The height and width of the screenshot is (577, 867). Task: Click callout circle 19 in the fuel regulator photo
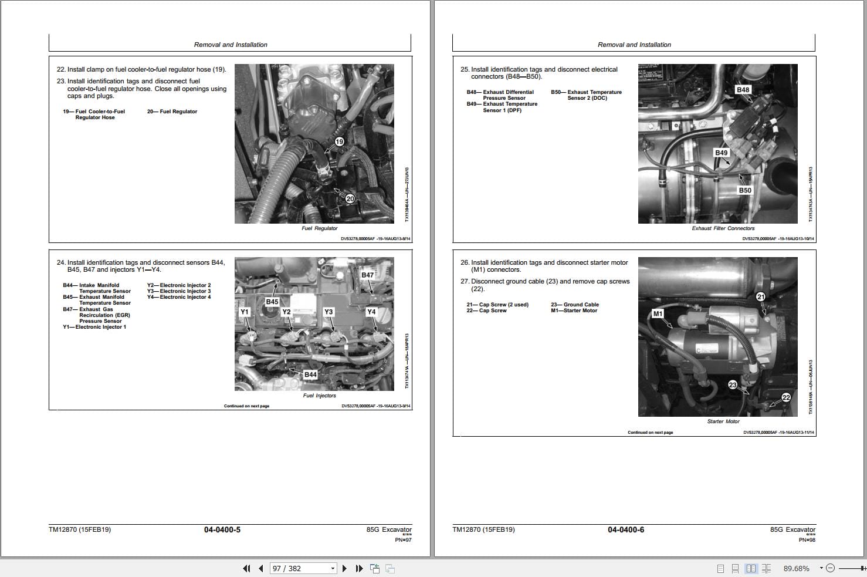click(x=339, y=141)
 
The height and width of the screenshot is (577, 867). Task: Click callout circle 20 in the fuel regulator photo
click(x=350, y=198)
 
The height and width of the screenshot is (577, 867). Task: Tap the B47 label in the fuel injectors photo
click(x=367, y=275)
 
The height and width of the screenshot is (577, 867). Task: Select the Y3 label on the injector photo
click(x=328, y=312)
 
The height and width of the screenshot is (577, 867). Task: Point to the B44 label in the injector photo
click(x=310, y=374)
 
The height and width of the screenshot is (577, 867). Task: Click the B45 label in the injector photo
click(x=272, y=302)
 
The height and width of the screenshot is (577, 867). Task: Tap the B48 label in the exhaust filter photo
click(x=743, y=90)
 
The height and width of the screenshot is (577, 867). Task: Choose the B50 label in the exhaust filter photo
click(x=744, y=190)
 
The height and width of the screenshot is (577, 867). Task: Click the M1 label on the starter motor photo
click(x=658, y=313)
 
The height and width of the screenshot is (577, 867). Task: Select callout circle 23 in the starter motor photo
click(x=733, y=385)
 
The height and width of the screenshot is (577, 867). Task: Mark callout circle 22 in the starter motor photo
click(x=786, y=397)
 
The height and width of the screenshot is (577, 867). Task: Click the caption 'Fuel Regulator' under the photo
click(x=320, y=228)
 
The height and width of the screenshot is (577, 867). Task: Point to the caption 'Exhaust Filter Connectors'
click(x=723, y=228)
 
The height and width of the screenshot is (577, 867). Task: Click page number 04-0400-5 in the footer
click(x=222, y=529)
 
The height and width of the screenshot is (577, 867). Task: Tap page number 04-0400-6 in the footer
click(x=625, y=529)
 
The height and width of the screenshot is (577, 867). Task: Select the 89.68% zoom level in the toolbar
click(x=796, y=568)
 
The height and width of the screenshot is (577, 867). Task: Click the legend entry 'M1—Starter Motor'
click(x=574, y=311)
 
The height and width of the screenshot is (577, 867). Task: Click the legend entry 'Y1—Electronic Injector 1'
click(x=94, y=327)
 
